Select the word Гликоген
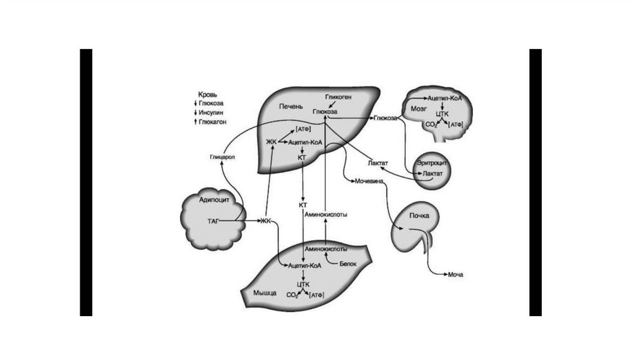pyautogui.click(x=337, y=98)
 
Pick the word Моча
pyautogui.click(x=455, y=274)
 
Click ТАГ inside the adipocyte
pyautogui.click(x=213, y=221)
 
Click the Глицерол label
pyautogui.click(x=222, y=157)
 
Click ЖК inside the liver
pyautogui.click(x=271, y=142)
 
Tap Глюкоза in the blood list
pyautogui.click(x=211, y=103)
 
